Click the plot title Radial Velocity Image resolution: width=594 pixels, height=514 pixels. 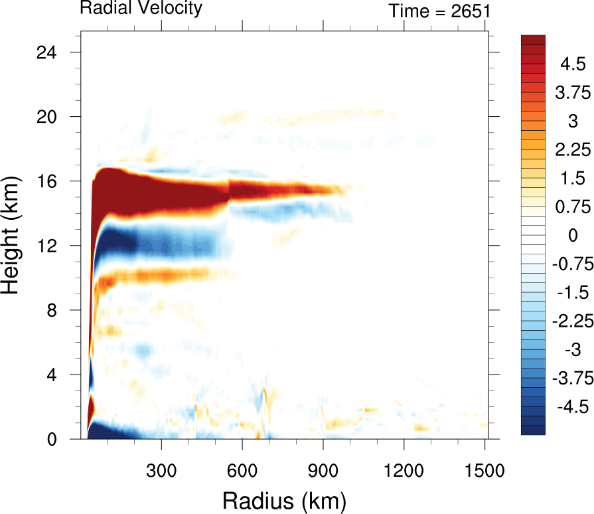(141, 9)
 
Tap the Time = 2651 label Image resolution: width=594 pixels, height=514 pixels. (439, 11)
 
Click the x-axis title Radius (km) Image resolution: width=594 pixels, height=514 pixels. (283, 499)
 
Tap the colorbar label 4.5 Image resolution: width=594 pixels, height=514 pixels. (572, 64)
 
